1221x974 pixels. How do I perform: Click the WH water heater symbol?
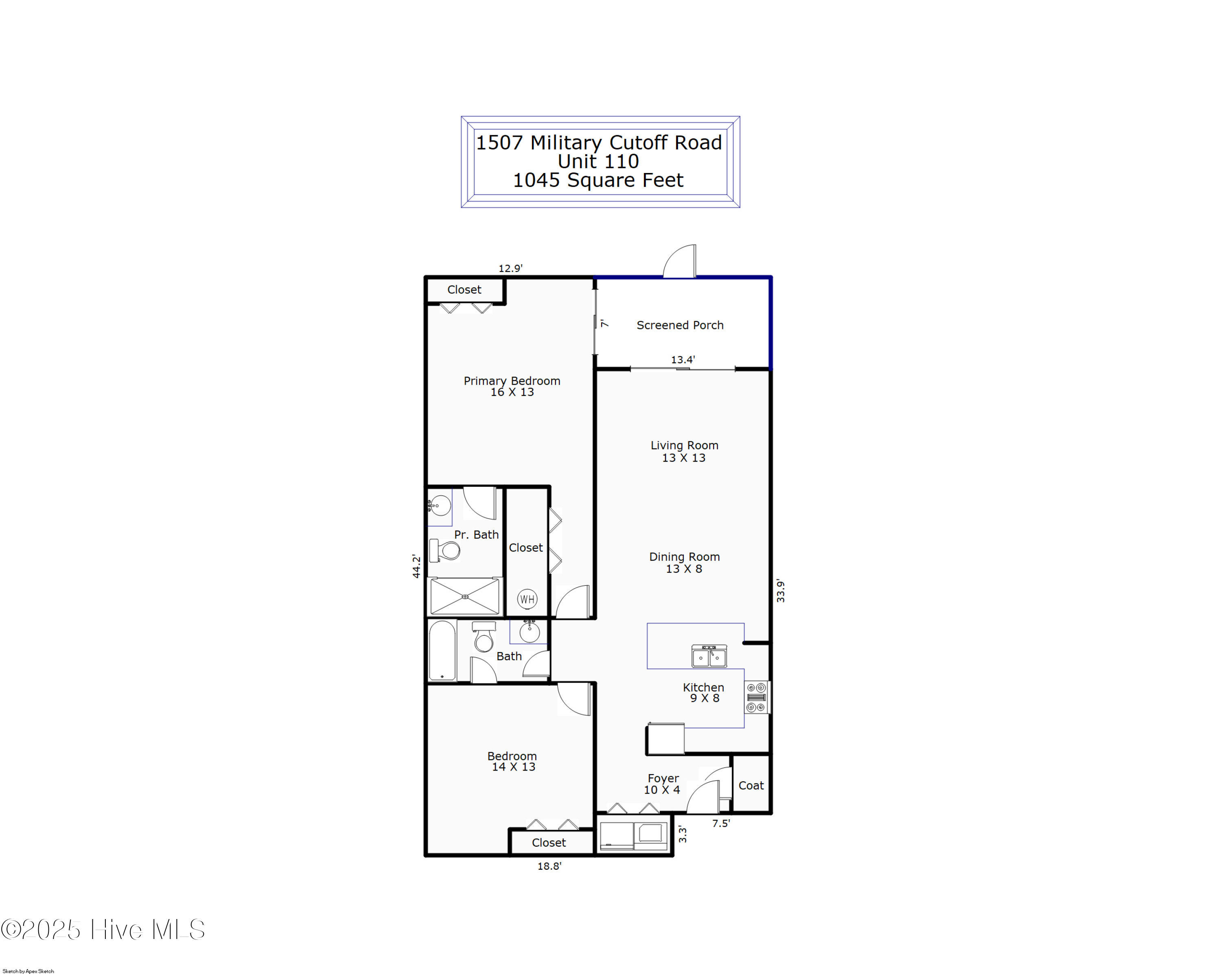click(x=527, y=599)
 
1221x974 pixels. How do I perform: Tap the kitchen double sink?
click(x=709, y=656)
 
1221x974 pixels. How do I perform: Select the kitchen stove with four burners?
click(x=756, y=697)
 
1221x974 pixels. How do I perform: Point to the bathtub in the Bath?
click(x=442, y=650)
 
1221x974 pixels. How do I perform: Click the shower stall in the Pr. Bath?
click(x=464, y=596)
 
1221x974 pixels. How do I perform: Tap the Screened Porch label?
click(x=680, y=325)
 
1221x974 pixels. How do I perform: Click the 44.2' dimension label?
click(x=416, y=566)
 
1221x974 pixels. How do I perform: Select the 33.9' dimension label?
click(x=780, y=591)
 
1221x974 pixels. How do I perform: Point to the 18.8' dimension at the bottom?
click(x=549, y=866)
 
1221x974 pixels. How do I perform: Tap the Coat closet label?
click(x=751, y=786)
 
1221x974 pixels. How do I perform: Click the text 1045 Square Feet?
click(x=598, y=180)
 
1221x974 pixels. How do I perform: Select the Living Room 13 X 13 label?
click(x=684, y=451)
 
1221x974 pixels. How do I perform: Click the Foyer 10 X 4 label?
click(x=662, y=784)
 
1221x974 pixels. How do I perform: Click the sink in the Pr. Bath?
click(x=440, y=506)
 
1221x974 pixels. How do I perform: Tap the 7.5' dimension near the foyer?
click(x=720, y=823)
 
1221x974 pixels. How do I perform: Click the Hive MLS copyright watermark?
click(x=103, y=929)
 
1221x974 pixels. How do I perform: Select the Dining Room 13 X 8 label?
click(x=684, y=563)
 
